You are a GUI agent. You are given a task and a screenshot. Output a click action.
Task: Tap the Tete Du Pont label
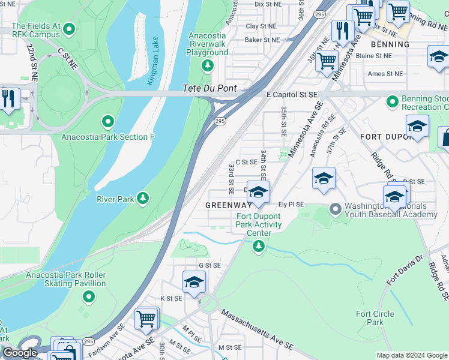209,89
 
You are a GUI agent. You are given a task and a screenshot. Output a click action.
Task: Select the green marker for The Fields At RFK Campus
69,28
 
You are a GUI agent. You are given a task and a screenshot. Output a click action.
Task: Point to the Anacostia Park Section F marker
108,122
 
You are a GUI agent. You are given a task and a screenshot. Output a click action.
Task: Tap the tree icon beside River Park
142,198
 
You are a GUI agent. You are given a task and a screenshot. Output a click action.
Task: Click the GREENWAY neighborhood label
229,205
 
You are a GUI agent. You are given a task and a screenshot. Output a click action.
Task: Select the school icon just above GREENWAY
258,192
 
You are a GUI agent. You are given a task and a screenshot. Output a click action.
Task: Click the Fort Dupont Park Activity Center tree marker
259,245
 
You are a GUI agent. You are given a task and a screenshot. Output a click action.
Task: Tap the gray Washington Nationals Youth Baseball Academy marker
335,209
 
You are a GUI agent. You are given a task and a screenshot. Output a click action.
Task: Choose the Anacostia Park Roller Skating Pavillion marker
88,296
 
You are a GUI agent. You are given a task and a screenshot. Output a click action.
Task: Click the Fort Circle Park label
375,318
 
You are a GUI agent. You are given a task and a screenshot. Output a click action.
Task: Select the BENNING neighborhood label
390,44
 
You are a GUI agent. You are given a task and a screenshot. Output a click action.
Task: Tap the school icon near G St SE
194,282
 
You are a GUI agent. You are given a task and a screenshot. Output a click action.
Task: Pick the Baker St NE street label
262,40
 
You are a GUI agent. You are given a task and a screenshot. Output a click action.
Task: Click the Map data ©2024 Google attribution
412,355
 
